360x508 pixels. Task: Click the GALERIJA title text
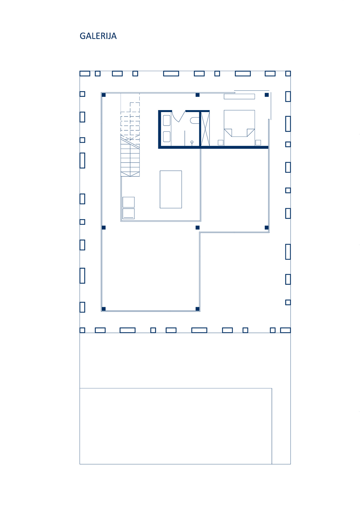coord(98,36)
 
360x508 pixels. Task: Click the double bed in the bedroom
coord(239,128)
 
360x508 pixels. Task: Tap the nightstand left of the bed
coord(221,143)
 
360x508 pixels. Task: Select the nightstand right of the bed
coord(258,143)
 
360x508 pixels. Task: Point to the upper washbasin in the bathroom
coord(166,121)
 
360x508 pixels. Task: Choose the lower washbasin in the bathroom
coord(166,136)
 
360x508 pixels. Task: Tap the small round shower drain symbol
coord(192,142)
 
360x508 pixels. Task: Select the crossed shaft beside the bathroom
coord(205,129)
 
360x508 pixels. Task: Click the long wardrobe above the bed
coord(239,97)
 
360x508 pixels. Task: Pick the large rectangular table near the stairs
coord(171,189)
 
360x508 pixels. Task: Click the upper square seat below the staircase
coord(128,202)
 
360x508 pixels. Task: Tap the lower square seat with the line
coord(128,214)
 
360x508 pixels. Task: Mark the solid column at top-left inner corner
coord(104,95)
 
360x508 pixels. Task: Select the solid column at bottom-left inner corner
coord(104,309)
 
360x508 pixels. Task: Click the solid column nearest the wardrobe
coord(267,95)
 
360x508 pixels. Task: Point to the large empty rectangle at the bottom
coord(176,426)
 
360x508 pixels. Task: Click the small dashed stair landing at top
coord(135,107)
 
